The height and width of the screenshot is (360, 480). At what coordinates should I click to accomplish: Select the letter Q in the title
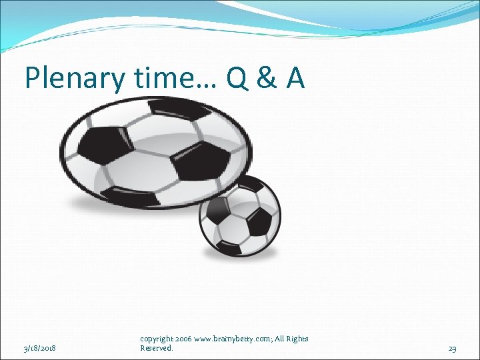(239, 78)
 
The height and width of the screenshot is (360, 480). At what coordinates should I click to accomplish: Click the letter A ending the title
(295, 78)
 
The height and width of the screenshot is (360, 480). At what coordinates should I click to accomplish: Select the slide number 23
(452, 348)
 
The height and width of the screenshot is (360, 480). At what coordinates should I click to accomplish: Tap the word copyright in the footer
(156, 339)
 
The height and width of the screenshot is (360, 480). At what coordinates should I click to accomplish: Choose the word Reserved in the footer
(156, 348)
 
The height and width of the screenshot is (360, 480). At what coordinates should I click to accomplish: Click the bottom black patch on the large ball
(133, 198)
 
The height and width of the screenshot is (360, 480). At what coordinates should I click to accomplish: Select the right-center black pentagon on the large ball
(197, 158)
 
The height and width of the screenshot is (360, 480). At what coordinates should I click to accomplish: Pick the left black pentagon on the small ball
(216, 212)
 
